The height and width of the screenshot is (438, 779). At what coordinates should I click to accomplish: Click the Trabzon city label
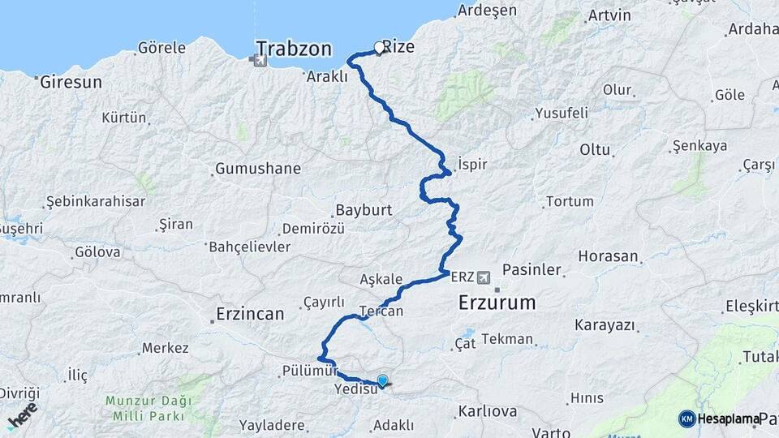(x=294, y=49)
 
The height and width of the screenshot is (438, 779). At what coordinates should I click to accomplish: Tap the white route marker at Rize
(x=378, y=48)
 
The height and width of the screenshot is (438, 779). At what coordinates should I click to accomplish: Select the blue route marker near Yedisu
(x=382, y=380)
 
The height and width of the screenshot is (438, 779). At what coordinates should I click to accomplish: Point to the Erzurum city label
(x=497, y=303)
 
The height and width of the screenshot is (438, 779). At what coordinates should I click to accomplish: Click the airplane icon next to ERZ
(x=485, y=277)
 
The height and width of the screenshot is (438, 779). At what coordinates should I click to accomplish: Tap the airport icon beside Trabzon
(x=260, y=58)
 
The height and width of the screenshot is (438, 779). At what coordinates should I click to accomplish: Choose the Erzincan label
(x=251, y=313)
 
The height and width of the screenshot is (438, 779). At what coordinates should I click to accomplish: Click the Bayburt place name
(x=364, y=210)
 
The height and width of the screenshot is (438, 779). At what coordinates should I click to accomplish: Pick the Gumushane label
(x=257, y=169)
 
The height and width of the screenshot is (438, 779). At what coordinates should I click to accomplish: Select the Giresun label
(x=71, y=82)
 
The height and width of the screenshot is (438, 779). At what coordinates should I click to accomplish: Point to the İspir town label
(x=472, y=164)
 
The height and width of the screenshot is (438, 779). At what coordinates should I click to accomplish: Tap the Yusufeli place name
(x=562, y=114)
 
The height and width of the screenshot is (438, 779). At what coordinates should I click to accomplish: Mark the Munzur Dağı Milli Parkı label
(x=148, y=407)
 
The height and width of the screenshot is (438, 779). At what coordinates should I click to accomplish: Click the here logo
(x=22, y=414)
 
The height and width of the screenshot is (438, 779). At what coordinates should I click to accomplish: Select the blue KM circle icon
(x=687, y=419)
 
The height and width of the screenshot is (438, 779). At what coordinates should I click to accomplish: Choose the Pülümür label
(x=308, y=371)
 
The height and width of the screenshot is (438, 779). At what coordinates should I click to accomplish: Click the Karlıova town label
(x=487, y=411)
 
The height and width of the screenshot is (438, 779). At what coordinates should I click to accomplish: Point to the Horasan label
(x=608, y=256)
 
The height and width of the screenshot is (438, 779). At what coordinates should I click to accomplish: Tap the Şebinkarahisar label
(x=95, y=201)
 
